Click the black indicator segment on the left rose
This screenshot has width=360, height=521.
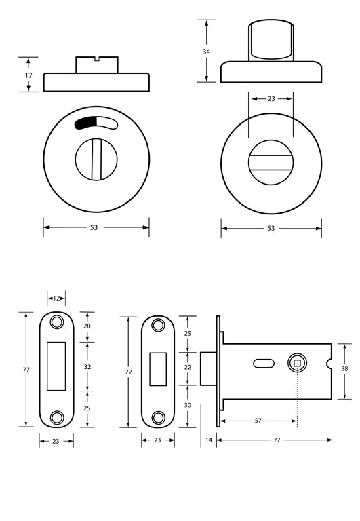86,123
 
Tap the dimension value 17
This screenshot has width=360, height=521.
28,75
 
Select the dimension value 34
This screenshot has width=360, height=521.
207,51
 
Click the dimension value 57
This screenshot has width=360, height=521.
258,421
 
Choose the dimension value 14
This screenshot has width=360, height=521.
207,440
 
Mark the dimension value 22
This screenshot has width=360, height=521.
188,367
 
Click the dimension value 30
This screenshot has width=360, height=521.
188,406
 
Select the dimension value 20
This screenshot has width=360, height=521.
86,326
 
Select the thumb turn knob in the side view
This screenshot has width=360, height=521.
271,41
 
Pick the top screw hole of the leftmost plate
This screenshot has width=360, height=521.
56,322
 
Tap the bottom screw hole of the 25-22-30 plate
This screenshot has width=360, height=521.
158,417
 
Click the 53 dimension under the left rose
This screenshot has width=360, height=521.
94,228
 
